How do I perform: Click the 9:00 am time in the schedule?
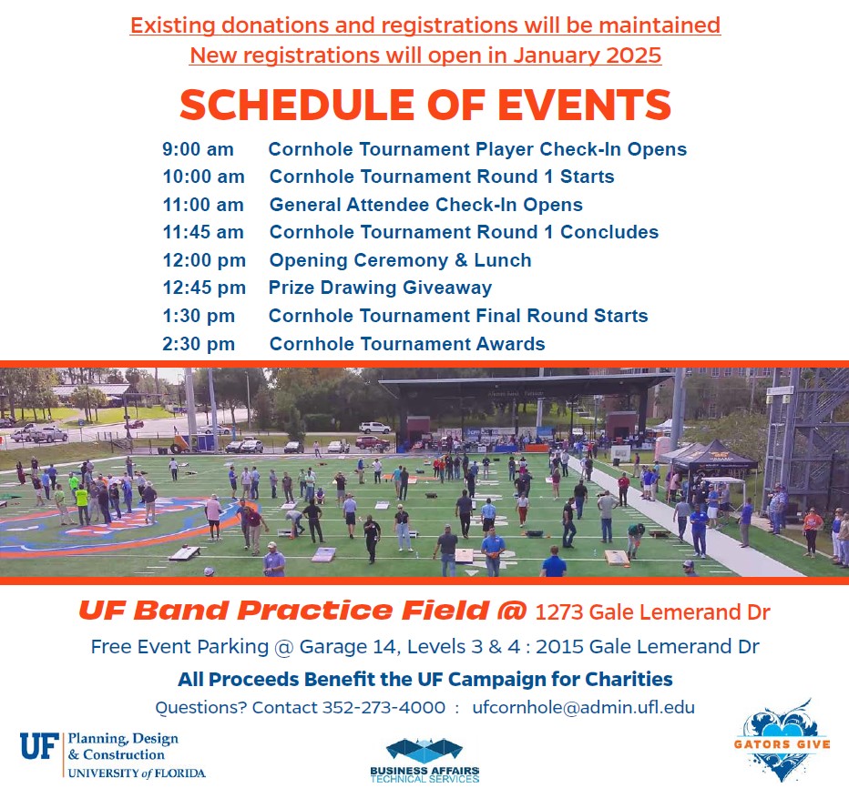pyautogui.click(x=198, y=149)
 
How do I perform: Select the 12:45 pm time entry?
pyautogui.click(x=204, y=288)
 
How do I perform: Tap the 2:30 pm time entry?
pyautogui.click(x=199, y=344)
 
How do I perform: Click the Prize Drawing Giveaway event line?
pyautogui.click(x=380, y=288)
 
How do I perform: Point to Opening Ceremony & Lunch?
pyautogui.click(x=400, y=260)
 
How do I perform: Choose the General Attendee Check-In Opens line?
pyautogui.click(x=426, y=205)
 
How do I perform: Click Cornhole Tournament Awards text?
pyautogui.click(x=407, y=344)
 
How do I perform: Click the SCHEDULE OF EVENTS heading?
pyautogui.click(x=425, y=105)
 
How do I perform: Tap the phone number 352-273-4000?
pyautogui.click(x=384, y=707)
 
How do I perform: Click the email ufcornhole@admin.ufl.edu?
pyautogui.click(x=583, y=707)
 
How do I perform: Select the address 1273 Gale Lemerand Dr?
pyautogui.click(x=652, y=612)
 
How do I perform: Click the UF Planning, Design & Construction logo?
pyautogui.click(x=113, y=755)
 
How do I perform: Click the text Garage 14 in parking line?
pyautogui.click(x=348, y=647)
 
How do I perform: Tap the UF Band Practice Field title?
pyautogui.click(x=302, y=611)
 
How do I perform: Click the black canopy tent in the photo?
pyautogui.click(x=714, y=455)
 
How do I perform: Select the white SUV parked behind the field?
pyautogui.click(x=374, y=428)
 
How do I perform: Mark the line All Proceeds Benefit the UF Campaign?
pyautogui.click(x=425, y=679)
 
